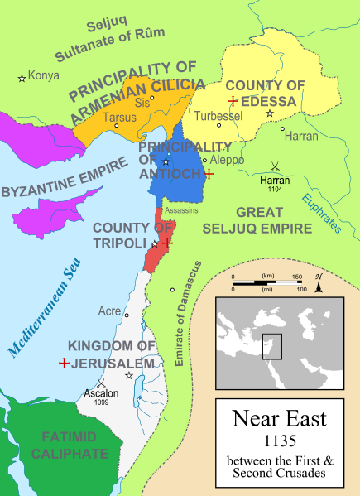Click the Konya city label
click(x=44, y=75)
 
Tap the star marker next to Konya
click(x=22, y=78)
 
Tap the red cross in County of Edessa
click(x=233, y=101)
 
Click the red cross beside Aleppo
click(x=210, y=174)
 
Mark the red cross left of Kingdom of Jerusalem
click(x=63, y=363)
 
